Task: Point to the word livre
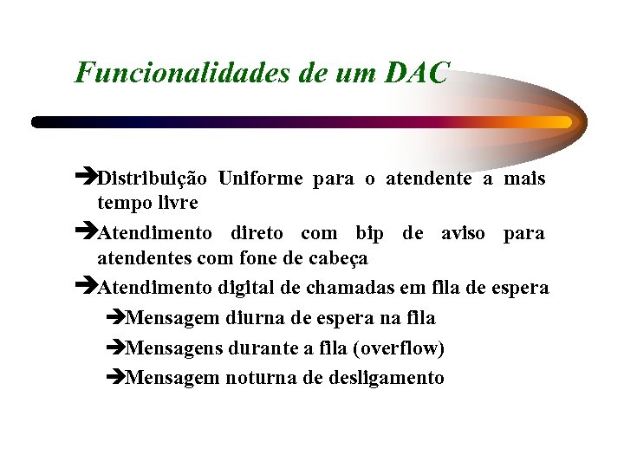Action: pyautogui.click(x=178, y=204)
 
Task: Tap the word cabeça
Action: pyautogui.click(x=335, y=258)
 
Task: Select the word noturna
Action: pyautogui.click(x=261, y=378)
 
